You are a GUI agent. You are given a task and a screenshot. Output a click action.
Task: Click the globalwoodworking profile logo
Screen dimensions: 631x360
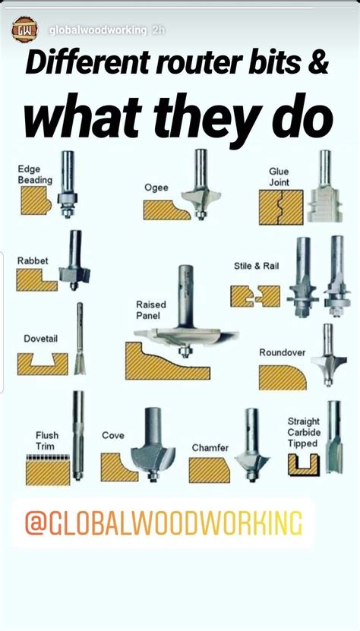(24, 30)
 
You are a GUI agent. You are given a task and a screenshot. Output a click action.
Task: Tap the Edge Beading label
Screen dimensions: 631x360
(35, 175)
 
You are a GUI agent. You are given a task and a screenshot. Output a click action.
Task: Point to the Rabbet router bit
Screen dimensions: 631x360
(74, 262)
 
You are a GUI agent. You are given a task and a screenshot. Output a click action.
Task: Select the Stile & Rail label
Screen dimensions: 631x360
(255, 266)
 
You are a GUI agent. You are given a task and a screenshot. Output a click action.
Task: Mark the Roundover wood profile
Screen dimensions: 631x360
(282, 377)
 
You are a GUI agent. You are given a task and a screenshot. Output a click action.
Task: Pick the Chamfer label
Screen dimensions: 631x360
(210, 448)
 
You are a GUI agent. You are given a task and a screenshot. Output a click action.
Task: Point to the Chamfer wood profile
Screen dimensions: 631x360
(208, 470)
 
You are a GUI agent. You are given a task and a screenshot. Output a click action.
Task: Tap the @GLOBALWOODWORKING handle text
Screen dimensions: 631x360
(163, 522)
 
